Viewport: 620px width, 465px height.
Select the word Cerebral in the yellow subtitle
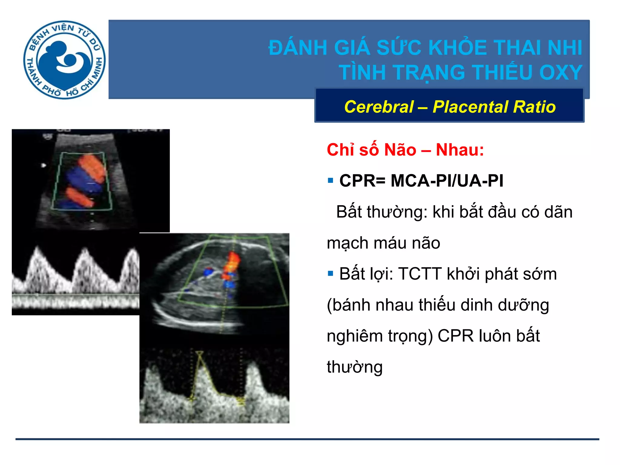tap(379, 107)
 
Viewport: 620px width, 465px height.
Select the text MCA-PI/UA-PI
tap(447, 181)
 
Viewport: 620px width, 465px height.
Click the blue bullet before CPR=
tap(330, 181)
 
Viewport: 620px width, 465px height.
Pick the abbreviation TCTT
tap(420, 274)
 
